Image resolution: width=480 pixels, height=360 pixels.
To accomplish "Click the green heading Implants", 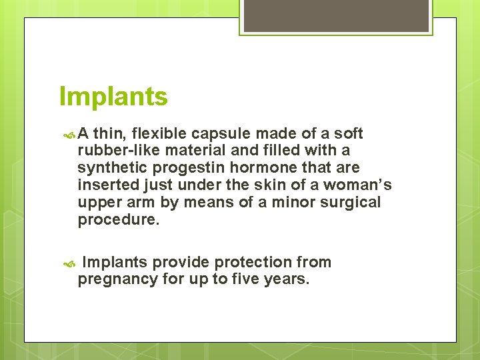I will (x=113, y=97).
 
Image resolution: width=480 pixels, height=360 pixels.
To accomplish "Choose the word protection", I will (x=252, y=262).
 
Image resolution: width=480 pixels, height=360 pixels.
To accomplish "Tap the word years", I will (x=287, y=279).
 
